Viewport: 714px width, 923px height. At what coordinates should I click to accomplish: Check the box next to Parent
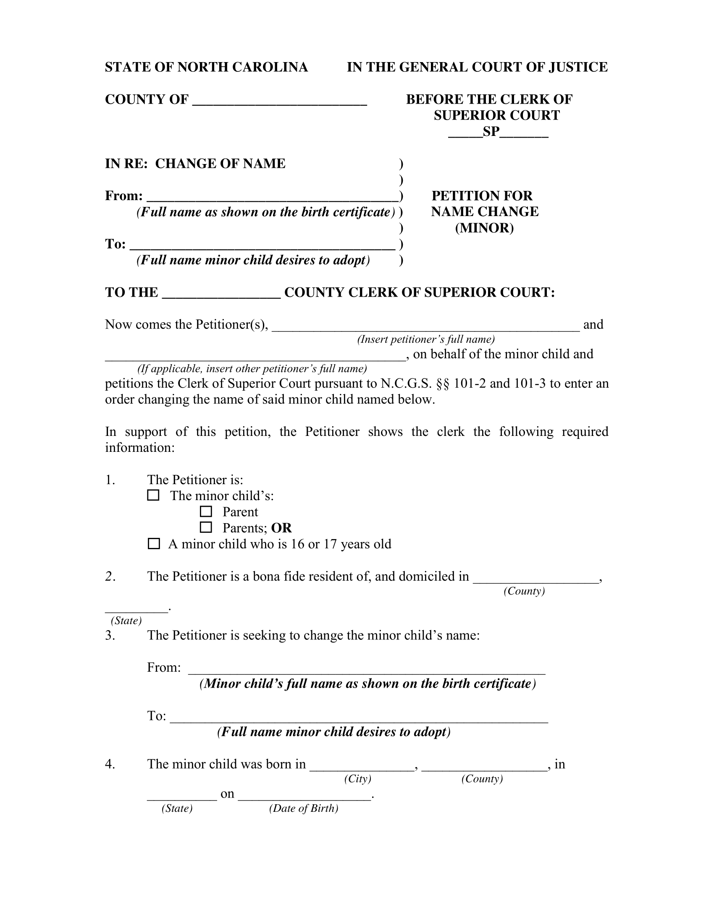(205, 512)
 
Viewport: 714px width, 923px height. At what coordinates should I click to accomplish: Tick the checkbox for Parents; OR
(205, 527)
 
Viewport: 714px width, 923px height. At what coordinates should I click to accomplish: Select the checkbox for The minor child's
(153, 495)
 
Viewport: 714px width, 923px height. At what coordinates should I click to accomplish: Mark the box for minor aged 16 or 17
(154, 544)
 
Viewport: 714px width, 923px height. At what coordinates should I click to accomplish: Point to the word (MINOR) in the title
(484, 228)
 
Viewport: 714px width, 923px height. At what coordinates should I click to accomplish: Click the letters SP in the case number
(491, 132)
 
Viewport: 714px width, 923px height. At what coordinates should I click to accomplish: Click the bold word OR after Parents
(281, 528)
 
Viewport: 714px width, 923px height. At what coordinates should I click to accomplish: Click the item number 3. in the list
(110, 635)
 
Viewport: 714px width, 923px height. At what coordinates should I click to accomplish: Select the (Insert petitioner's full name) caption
(425, 339)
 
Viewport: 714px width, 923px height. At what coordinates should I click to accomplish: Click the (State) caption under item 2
(126, 621)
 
